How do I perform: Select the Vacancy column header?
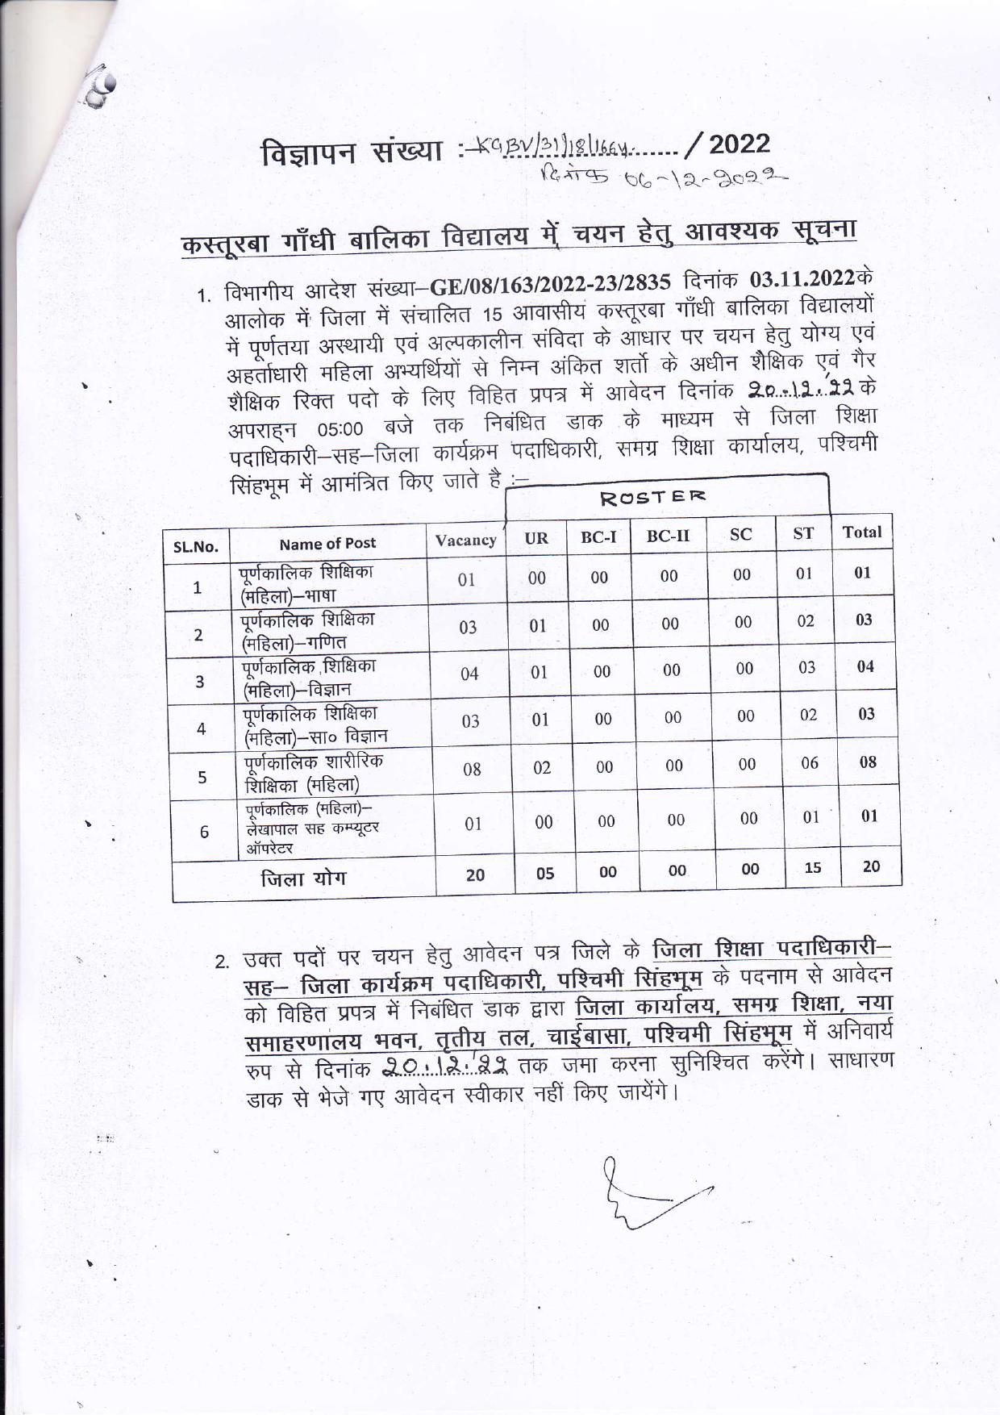coord(465,541)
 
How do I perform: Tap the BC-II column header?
coord(668,536)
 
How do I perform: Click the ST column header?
coord(803,533)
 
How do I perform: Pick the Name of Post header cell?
coord(327,544)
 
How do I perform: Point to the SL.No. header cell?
coord(196,547)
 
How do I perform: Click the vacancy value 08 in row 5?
coord(472,769)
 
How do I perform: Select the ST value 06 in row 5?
coord(810,763)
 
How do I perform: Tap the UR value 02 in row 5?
coord(542,767)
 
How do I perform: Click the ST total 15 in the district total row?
coord(813,868)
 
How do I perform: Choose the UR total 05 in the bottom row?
coord(545,873)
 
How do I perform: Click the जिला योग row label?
coord(303,879)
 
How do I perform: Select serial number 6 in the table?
coord(204,832)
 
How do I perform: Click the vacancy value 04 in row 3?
coord(469,674)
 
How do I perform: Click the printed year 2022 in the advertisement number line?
coord(740,144)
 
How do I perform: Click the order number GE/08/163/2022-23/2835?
coord(551,283)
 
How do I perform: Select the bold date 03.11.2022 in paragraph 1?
coord(802,279)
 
